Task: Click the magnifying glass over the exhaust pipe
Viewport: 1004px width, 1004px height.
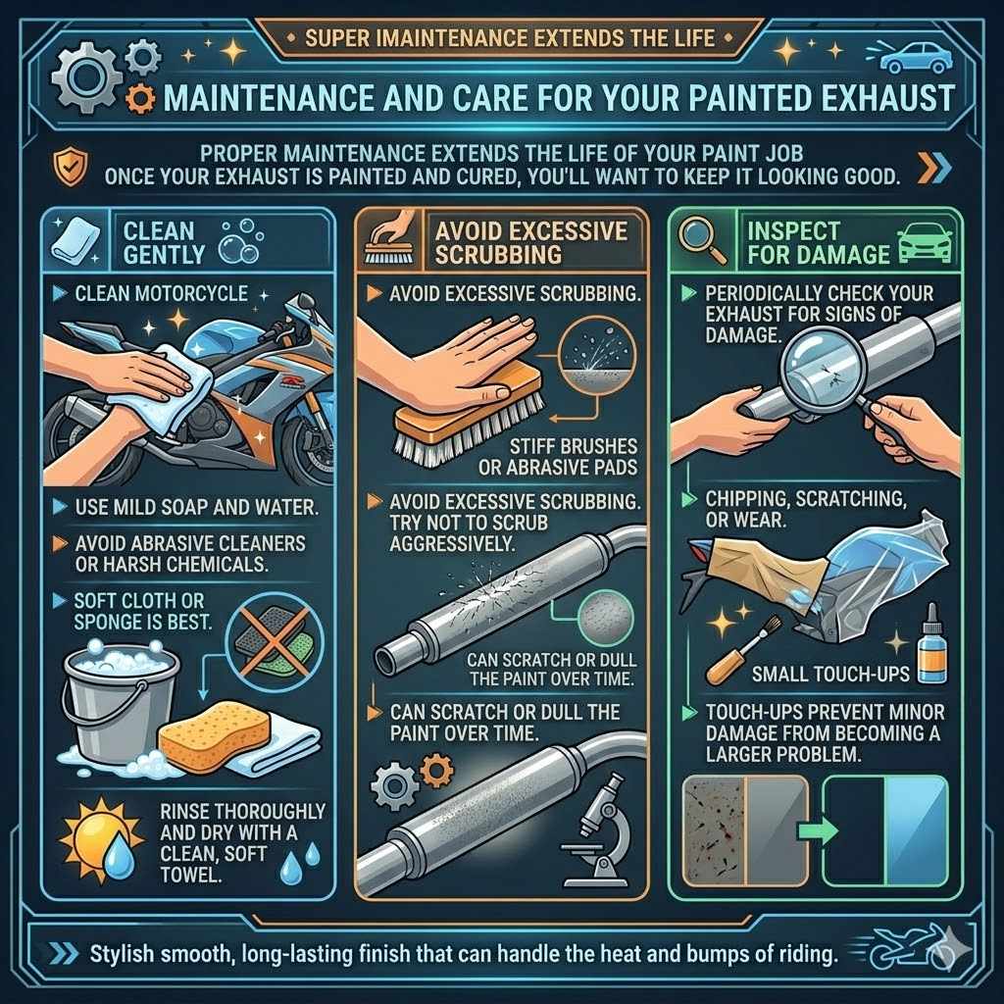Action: coord(827,372)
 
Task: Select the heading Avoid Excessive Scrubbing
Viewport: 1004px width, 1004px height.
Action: coord(508,242)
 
